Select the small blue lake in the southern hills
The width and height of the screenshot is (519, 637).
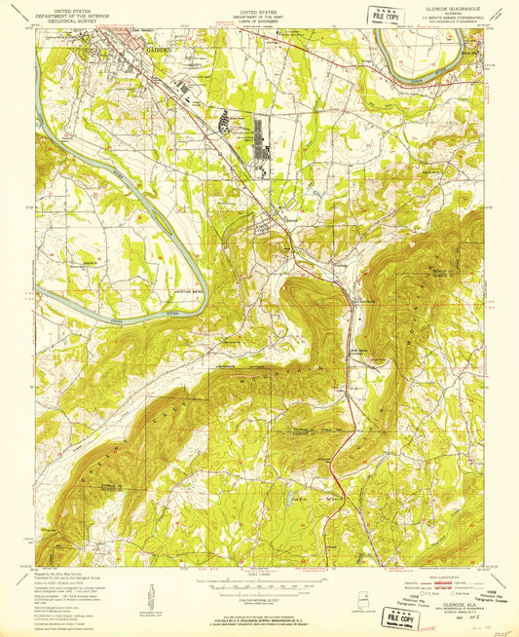pos(289,503)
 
